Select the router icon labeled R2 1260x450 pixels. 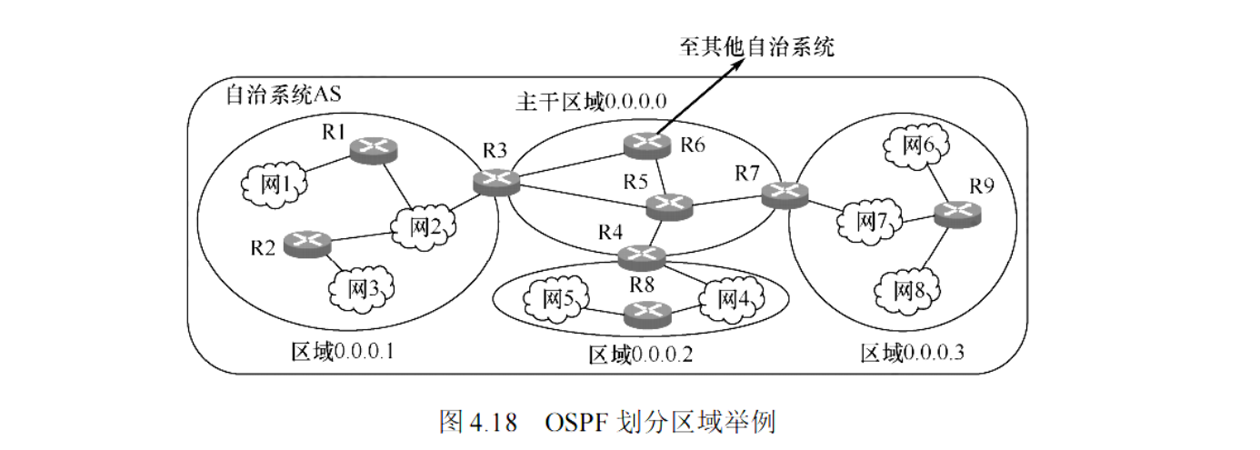[306, 243]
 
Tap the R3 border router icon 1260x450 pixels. [496, 181]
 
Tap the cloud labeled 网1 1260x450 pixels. [274, 185]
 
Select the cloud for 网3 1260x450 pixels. [360, 289]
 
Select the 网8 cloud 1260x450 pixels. [910, 290]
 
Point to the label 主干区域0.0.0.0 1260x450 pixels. [592, 101]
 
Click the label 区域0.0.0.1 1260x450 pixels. [342, 351]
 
